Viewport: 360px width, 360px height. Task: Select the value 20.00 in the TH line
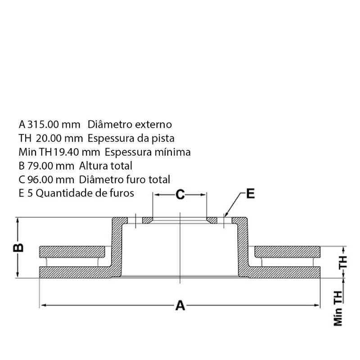(x=49, y=138)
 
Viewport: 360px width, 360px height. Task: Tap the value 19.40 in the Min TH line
(x=66, y=152)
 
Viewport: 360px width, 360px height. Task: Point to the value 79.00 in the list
(x=40, y=166)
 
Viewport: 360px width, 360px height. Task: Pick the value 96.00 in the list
(x=40, y=180)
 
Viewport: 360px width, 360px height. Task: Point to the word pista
(x=162, y=139)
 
